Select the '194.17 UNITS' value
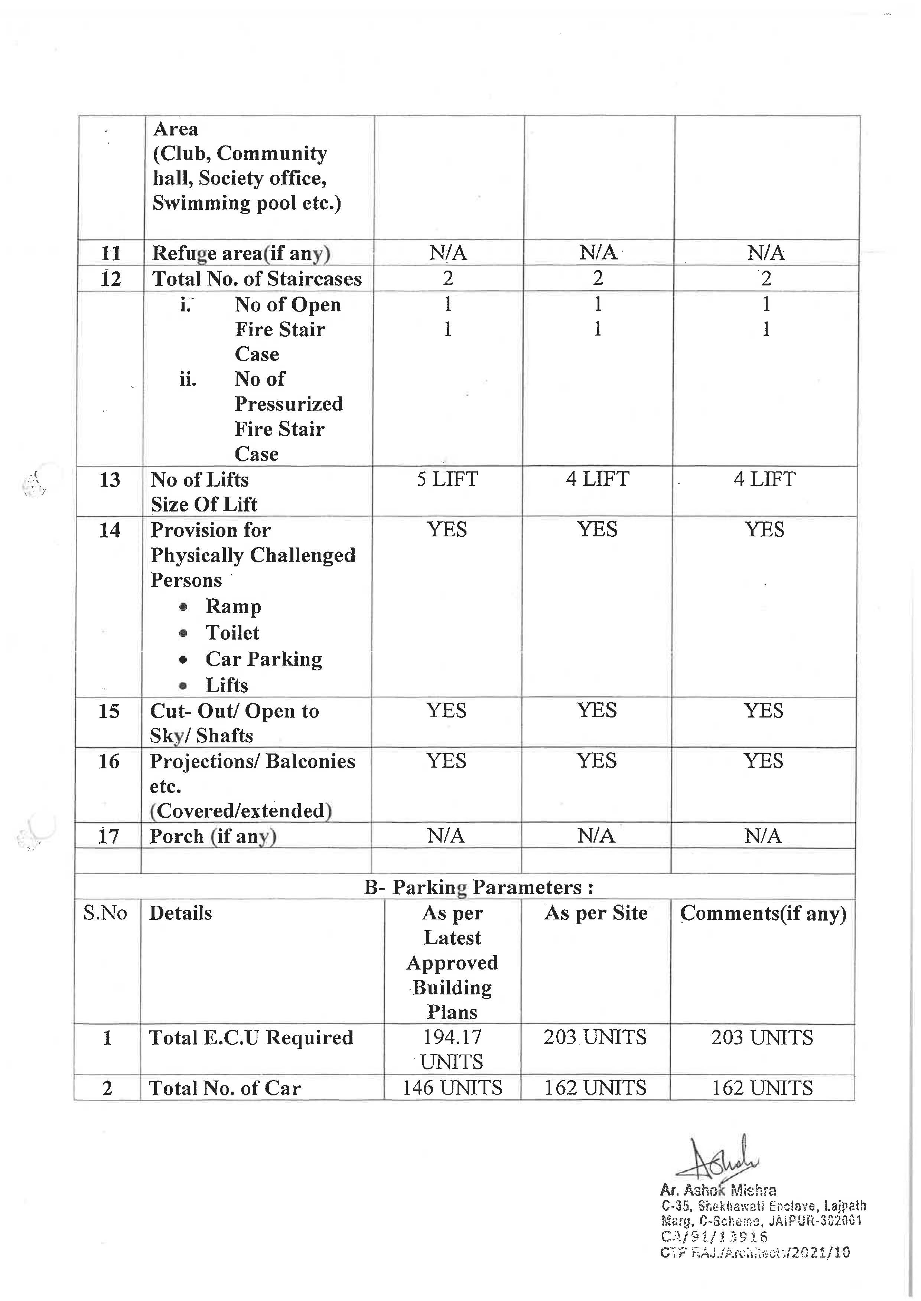(452, 1049)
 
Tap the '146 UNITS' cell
(452, 1087)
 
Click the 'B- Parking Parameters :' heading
(479, 887)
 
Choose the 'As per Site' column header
(595, 913)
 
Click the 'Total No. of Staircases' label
(256, 278)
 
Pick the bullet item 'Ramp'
(233, 606)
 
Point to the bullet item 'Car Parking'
(264, 659)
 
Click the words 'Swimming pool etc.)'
(247, 203)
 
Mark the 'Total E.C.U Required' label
(251, 1037)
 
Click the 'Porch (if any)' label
(213, 836)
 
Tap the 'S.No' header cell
(105, 913)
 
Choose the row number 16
(108, 761)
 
